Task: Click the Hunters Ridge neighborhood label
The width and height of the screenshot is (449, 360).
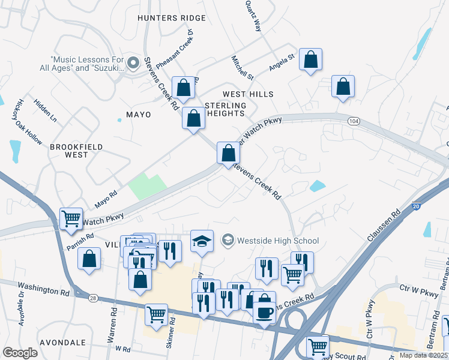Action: (171, 18)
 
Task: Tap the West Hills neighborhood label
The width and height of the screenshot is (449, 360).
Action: (248, 94)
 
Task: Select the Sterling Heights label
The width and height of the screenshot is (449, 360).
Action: (225, 109)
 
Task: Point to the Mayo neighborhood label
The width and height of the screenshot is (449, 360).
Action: (138, 114)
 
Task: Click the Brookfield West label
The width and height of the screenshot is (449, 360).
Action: (77, 151)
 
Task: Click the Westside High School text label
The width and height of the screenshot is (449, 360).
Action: (278, 241)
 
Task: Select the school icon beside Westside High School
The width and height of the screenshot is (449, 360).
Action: (228, 241)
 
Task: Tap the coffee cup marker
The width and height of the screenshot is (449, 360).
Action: (265, 313)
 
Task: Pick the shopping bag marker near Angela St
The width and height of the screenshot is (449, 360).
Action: (310, 59)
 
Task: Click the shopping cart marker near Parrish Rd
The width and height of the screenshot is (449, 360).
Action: (71, 218)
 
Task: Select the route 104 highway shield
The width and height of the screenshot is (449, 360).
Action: (354, 121)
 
